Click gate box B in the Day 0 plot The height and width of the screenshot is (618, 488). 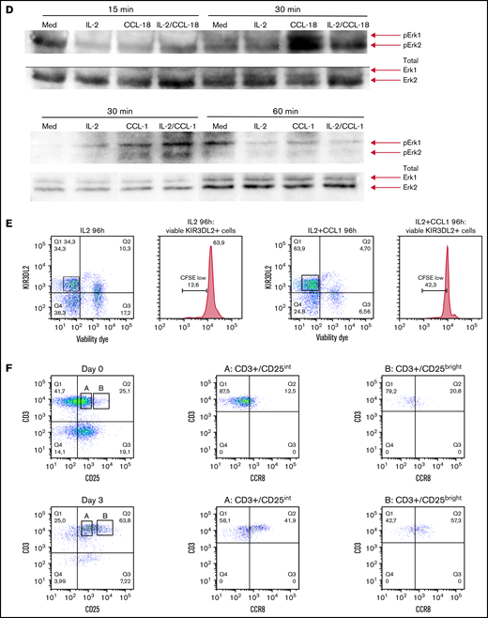pos(100,401)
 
